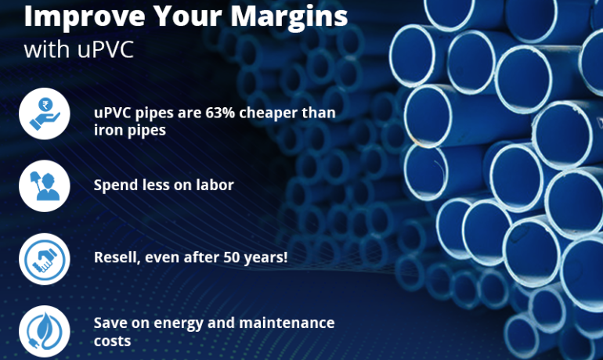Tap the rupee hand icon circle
coord(45,114)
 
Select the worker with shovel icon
coord(45,186)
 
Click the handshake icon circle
coord(45,258)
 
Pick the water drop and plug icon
coord(45,329)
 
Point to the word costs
coord(112,341)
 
